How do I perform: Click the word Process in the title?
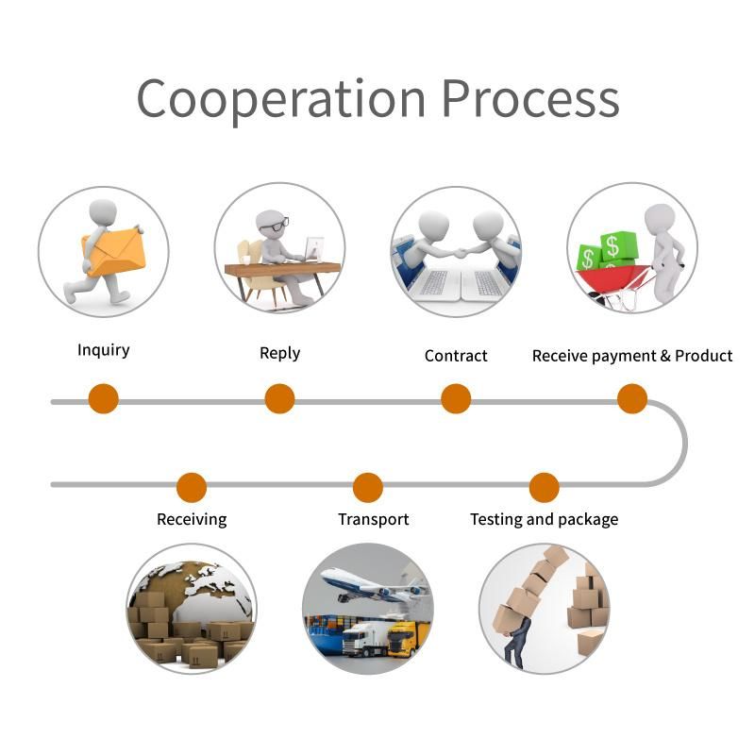click(531, 98)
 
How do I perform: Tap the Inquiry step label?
click(103, 350)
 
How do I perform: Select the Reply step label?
click(279, 353)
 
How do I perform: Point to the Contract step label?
click(456, 356)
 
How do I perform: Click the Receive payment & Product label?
click(632, 356)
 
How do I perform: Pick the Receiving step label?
click(192, 519)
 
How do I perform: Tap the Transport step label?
click(374, 519)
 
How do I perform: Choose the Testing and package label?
click(544, 519)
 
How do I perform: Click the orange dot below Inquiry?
click(103, 398)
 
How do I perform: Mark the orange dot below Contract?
click(456, 398)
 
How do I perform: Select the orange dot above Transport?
click(368, 487)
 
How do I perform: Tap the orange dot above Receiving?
click(192, 487)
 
